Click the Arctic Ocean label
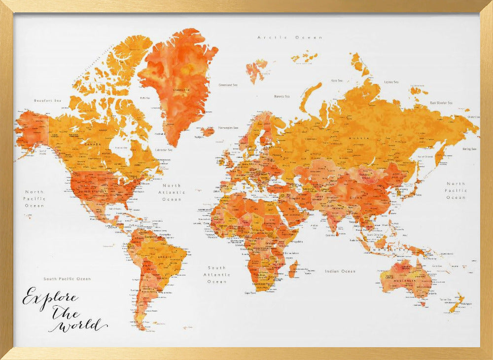pyautogui.click(x=290, y=37)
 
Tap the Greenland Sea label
pyautogui.click(x=228, y=85)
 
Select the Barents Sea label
pyautogui.click(x=282, y=97)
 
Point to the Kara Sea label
pyautogui.click(x=337, y=80)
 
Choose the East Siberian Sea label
pyautogui.click(x=441, y=103)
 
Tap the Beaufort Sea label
pyautogui.click(x=47, y=101)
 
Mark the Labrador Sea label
pyautogui.click(x=164, y=150)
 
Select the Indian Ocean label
pyautogui.click(x=340, y=271)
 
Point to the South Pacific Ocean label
pyautogui.click(x=67, y=279)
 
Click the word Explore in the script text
pyautogui.click(x=49, y=298)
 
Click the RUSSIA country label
pyautogui.click(x=359, y=139)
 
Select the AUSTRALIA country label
pyautogui.click(x=405, y=282)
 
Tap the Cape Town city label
pyautogui.click(x=250, y=292)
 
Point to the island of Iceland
pyautogui.click(x=208, y=131)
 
